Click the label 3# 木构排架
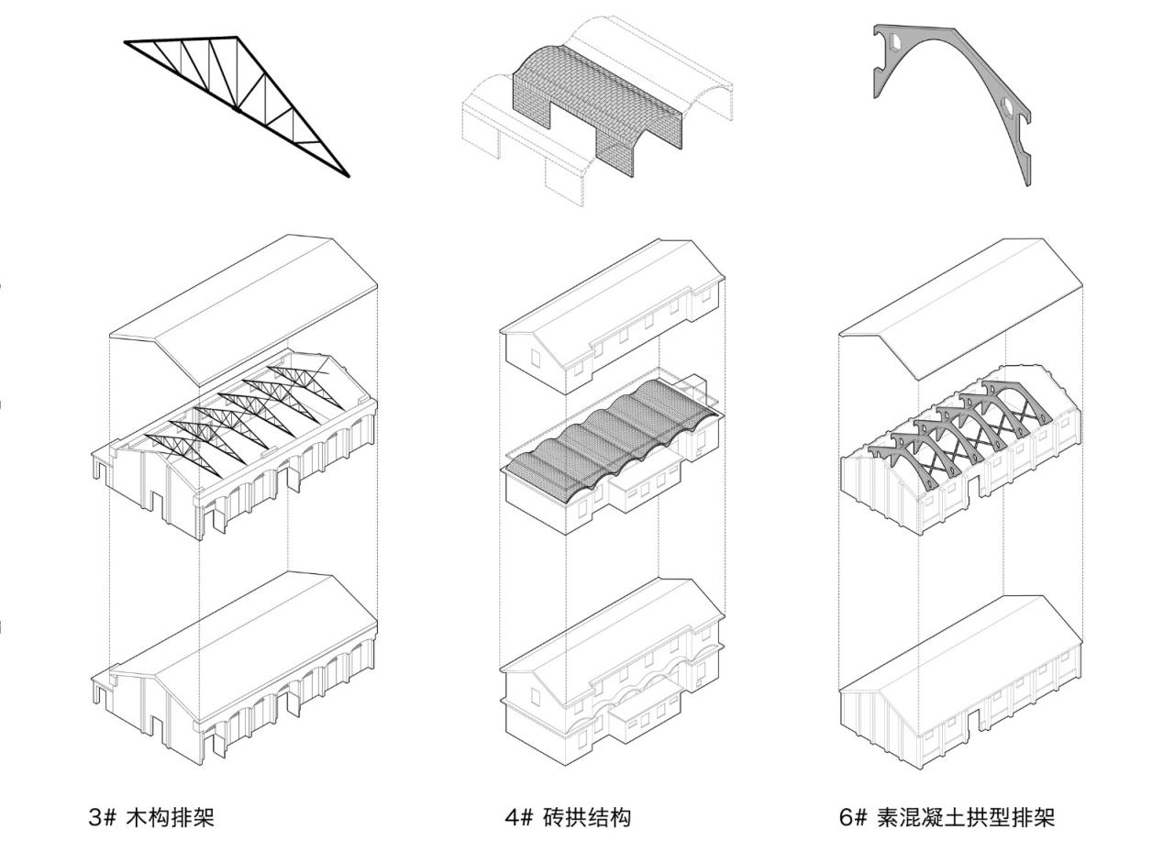(x=151, y=817)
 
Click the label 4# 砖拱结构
(x=568, y=817)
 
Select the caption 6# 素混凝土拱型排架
(x=947, y=817)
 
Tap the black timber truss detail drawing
(x=237, y=101)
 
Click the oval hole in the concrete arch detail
(x=1008, y=107)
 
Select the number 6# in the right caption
(x=852, y=817)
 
